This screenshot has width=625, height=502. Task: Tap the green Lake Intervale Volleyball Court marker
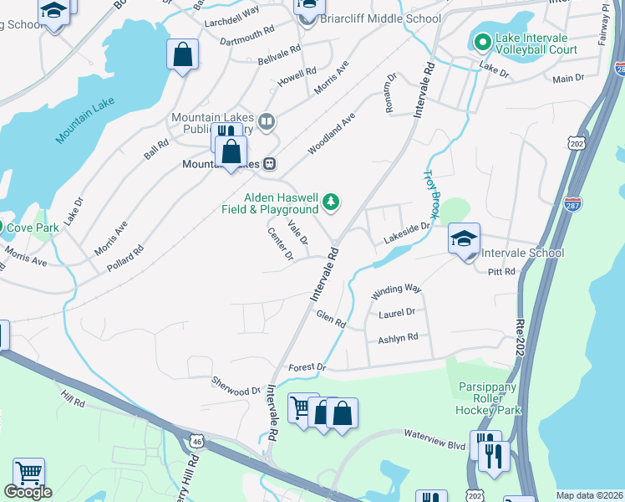pyautogui.click(x=482, y=41)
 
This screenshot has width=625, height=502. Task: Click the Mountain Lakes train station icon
pyautogui.click(x=270, y=164)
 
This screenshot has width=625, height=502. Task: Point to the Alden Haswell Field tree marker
pyautogui.click(x=332, y=201)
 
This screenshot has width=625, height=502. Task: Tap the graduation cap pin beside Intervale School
pyautogui.click(x=464, y=238)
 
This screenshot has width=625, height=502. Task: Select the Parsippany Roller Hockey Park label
pyautogui.click(x=489, y=398)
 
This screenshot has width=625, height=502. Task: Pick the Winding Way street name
pyautogui.click(x=396, y=289)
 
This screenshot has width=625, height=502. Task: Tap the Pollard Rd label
pyautogui.click(x=125, y=259)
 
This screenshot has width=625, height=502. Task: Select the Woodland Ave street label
pyautogui.click(x=331, y=134)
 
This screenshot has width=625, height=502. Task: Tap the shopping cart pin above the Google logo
pyautogui.click(x=28, y=473)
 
